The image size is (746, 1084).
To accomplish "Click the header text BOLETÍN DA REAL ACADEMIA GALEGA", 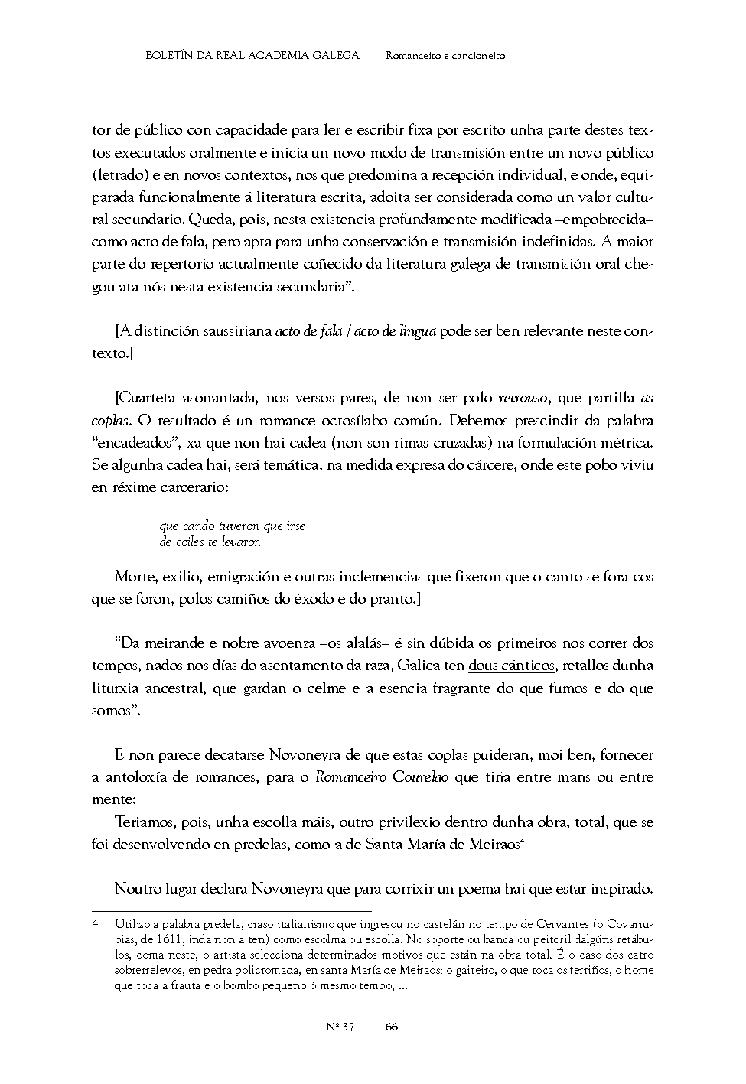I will [252, 55].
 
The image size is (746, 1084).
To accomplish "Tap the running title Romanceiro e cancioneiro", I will [445, 55].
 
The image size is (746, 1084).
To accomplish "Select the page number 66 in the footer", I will [392, 1027].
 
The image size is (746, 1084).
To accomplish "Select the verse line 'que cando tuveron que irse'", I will [233, 526].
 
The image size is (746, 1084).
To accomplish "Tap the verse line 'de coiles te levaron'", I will [210, 542].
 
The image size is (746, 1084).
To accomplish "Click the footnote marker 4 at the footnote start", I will [94, 924].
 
